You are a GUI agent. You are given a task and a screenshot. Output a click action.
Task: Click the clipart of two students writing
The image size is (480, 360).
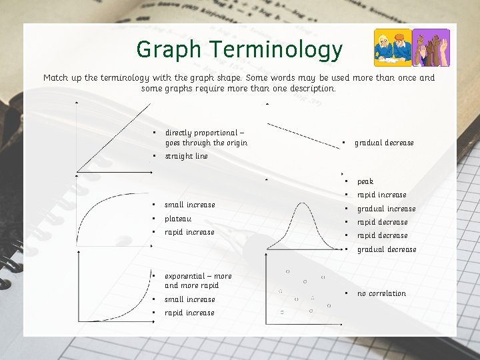(392, 47)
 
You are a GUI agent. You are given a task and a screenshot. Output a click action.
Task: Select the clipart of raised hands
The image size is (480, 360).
(431, 47)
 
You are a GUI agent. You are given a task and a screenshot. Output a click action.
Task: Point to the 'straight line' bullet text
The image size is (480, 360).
(187, 156)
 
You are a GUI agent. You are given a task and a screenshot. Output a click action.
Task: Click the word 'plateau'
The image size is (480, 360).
(178, 219)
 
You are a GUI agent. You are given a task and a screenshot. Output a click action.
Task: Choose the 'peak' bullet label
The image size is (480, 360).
(365, 181)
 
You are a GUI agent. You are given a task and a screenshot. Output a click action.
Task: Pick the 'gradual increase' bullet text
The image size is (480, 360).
(386, 209)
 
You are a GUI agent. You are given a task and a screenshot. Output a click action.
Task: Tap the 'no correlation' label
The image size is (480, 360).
(381, 293)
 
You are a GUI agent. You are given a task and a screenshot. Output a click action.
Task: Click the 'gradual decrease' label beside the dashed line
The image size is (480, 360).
(384, 143)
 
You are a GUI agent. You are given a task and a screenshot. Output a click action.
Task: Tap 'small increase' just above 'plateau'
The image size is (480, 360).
(190, 205)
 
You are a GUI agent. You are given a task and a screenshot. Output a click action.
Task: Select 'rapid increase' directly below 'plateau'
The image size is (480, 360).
(190, 232)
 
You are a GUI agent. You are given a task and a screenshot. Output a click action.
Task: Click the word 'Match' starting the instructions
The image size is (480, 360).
(56, 78)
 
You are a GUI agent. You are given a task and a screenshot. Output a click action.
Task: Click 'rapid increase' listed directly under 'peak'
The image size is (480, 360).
(381, 195)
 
